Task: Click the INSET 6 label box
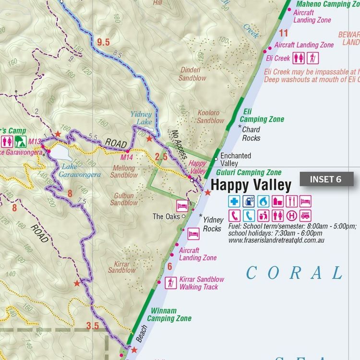coord(326,179)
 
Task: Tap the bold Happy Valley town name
coord(251,185)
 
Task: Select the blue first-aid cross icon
coord(234,201)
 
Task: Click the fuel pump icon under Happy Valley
coord(248,201)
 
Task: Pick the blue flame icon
coord(263,201)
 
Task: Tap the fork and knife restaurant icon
coord(291,201)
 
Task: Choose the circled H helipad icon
coord(291,216)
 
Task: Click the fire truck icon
coord(306,216)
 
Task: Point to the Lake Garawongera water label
coord(80,171)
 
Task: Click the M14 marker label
coord(127,157)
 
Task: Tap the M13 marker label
coord(34,141)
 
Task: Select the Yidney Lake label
coord(141,118)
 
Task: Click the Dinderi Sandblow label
coord(192,74)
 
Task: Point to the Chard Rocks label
coord(251,134)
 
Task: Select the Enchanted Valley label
coord(236,159)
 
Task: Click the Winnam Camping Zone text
coord(169,314)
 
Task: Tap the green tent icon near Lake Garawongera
coord(20,141)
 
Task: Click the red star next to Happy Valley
coord(207,192)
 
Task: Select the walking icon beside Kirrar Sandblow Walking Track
coord(170,283)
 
